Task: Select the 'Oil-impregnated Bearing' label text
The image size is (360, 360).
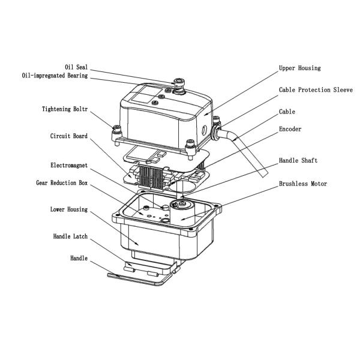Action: coord(55,76)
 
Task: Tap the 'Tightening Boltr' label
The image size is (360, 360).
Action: coord(65,110)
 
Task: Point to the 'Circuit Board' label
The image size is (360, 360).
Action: coord(68,136)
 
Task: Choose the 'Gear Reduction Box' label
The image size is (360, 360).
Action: coord(62,182)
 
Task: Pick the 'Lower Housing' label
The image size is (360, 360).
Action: coord(68,210)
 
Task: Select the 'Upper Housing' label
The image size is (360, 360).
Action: coord(300,68)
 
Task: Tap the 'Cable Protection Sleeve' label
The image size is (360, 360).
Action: coord(316,90)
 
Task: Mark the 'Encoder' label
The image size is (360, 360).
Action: coord(290,129)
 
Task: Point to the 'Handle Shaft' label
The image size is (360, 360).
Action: coord(298,161)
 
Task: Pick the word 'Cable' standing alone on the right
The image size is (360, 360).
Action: coord(287,112)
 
